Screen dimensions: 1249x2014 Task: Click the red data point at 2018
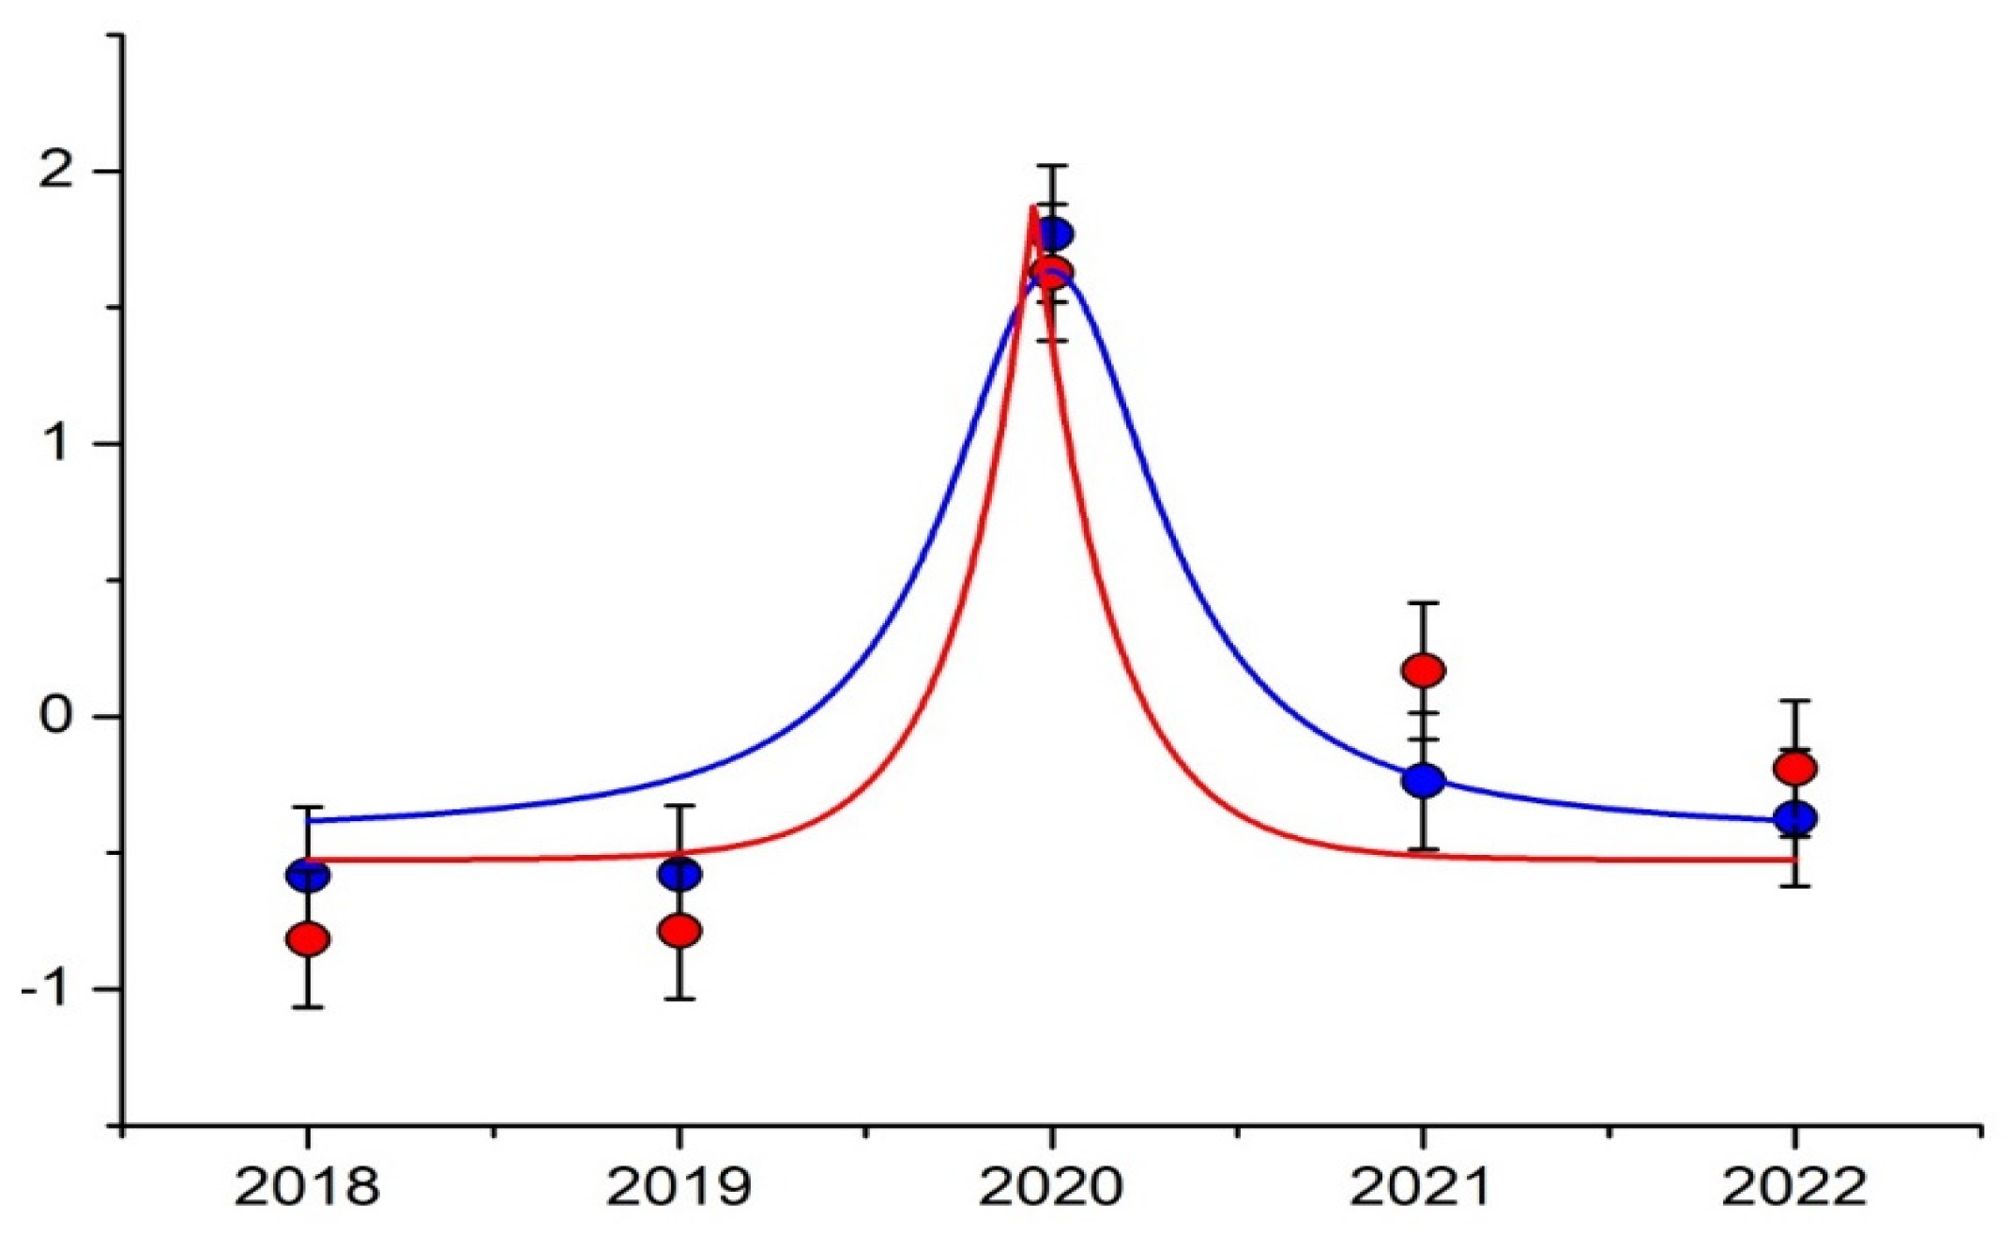tap(308, 938)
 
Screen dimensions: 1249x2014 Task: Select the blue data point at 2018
tap(308, 876)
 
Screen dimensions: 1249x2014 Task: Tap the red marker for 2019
tap(679, 931)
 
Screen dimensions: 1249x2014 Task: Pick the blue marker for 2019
tap(679, 875)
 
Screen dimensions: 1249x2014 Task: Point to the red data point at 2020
tap(1052, 273)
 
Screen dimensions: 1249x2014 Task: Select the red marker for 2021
tap(1424, 670)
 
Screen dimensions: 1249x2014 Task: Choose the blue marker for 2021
tap(1424, 779)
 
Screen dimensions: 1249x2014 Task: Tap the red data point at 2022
tap(1795, 769)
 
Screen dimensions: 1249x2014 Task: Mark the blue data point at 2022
tap(1795, 817)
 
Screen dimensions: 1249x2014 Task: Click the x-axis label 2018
tap(307, 1188)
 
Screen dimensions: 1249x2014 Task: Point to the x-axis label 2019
tap(679, 1188)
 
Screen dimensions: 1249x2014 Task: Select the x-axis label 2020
tap(1051, 1188)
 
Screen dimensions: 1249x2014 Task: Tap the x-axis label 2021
tap(1421, 1188)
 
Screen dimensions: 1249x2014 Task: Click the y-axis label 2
tap(56, 171)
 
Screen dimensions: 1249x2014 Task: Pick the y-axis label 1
tap(58, 443)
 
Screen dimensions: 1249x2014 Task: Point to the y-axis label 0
tap(56, 716)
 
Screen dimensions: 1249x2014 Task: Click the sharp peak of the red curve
tap(1033, 206)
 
